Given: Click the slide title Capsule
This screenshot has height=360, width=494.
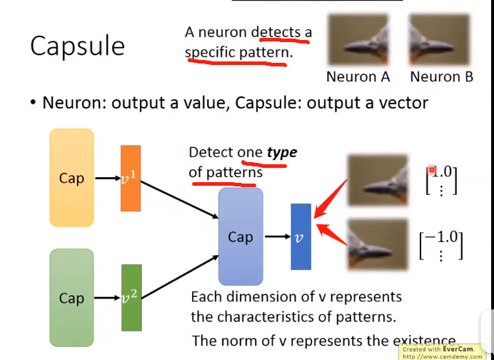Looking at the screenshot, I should click(77, 46).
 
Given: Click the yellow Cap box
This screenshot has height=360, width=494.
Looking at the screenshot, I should click(71, 178).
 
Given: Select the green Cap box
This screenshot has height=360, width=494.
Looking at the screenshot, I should click(71, 298).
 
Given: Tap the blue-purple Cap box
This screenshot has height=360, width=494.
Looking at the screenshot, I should click(241, 237).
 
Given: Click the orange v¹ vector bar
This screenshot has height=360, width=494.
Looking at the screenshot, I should click(131, 178).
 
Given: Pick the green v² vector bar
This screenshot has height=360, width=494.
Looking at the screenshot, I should click(131, 298).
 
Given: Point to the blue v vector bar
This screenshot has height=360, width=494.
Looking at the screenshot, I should click(301, 236).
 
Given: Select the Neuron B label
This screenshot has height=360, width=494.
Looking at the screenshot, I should click(441, 76).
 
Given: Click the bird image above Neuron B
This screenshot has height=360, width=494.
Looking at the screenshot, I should click(440, 40).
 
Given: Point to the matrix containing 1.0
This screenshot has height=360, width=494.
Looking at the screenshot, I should click(441, 180).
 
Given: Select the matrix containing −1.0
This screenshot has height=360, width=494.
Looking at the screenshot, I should click(441, 244).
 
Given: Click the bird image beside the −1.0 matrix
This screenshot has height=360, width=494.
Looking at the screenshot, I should click(378, 244).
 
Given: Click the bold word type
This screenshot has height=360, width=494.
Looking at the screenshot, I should click(282, 152).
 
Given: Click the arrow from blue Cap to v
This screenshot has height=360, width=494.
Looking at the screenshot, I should click(276, 237).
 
